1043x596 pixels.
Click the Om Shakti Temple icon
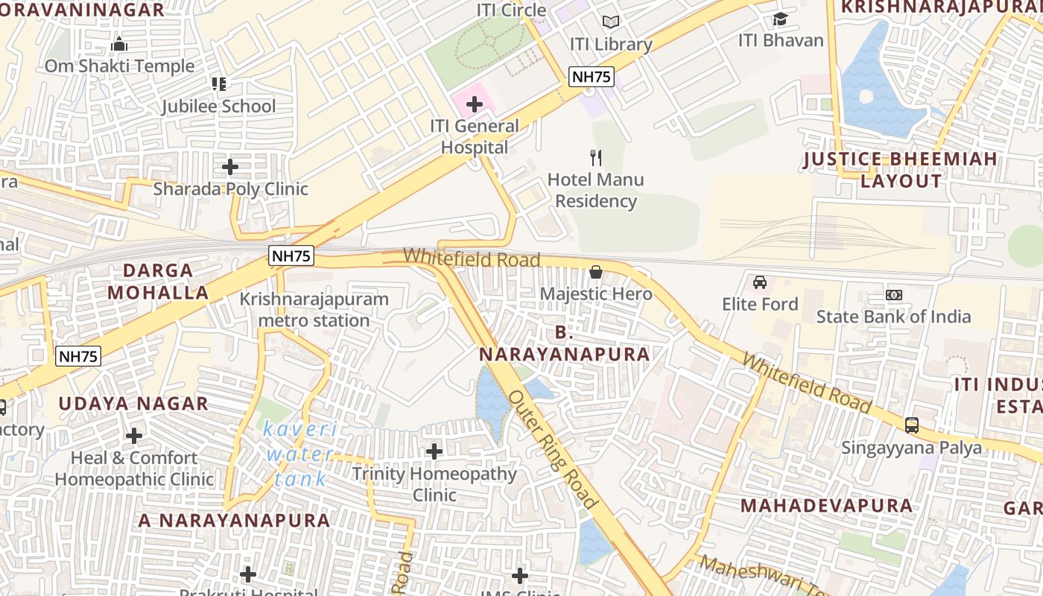pyautogui.click(x=119, y=45)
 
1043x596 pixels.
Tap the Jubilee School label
pyautogui.click(x=219, y=107)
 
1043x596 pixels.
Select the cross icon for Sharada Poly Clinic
pyautogui.click(x=230, y=167)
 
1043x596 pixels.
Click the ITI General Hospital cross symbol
pyautogui.click(x=475, y=104)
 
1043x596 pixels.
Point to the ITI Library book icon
pyautogui.click(x=611, y=22)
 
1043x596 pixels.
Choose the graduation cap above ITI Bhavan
pyautogui.click(x=780, y=19)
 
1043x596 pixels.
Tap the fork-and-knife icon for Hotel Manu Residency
pyautogui.click(x=595, y=157)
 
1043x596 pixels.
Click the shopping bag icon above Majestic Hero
pyautogui.click(x=596, y=272)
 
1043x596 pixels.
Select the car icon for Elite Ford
pyautogui.click(x=760, y=282)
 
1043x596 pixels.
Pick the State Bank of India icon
pyautogui.click(x=894, y=295)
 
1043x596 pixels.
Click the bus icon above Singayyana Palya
pyautogui.click(x=912, y=425)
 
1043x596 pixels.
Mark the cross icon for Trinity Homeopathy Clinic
pyautogui.click(x=434, y=451)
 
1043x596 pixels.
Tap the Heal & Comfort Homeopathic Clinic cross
pyautogui.click(x=134, y=435)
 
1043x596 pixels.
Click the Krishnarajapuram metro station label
pyautogui.click(x=314, y=310)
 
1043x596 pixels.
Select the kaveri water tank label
pyautogui.click(x=300, y=454)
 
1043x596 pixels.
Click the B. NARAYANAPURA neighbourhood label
pyautogui.click(x=564, y=343)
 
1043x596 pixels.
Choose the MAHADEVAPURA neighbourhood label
pyautogui.click(x=826, y=506)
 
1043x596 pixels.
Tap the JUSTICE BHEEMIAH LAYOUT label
pyautogui.click(x=901, y=170)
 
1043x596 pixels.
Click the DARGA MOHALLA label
pyautogui.click(x=158, y=281)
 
